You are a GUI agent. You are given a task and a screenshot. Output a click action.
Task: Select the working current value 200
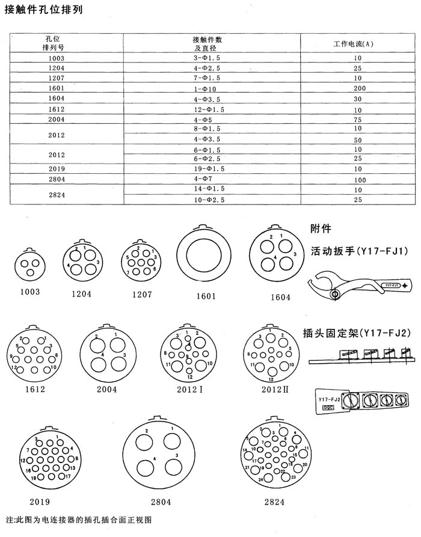(357, 88)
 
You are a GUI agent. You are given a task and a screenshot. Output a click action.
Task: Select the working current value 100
(357, 180)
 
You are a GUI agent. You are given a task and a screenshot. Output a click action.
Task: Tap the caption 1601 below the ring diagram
(206, 297)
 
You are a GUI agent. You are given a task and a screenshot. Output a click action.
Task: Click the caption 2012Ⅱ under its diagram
(275, 388)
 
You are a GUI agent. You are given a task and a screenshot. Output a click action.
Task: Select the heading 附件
(321, 229)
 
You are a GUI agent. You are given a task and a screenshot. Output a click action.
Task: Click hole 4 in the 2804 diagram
(145, 469)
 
